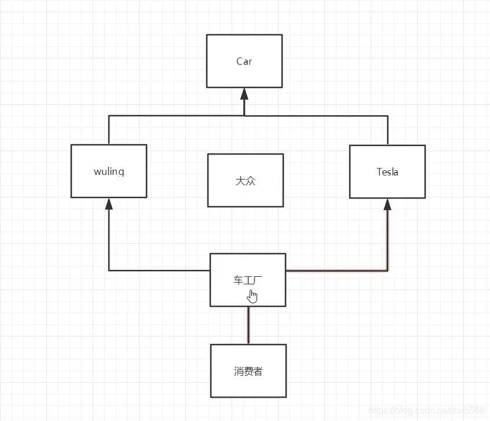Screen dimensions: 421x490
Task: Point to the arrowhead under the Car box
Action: coord(244,94)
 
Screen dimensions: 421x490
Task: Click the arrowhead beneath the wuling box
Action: coord(109,204)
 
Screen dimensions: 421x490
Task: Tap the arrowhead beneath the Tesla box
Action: coord(387,204)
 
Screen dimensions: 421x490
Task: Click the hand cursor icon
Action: coord(253,296)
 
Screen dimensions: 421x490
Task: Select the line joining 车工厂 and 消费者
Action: coord(248,325)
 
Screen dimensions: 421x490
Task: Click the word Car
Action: coord(244,61)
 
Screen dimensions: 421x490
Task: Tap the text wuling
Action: coord(109,172)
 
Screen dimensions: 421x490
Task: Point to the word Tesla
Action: coord(387,172)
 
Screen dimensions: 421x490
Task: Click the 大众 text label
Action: coord(246,181)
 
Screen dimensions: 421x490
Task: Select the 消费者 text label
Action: coord(248,371)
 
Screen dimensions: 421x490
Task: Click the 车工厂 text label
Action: coord(248,280)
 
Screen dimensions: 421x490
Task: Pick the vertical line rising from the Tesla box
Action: coord(387,130)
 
